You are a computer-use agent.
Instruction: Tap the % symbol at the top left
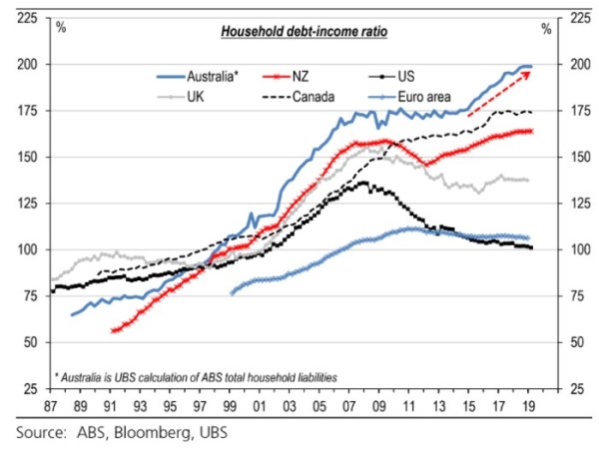coord(62,27)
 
